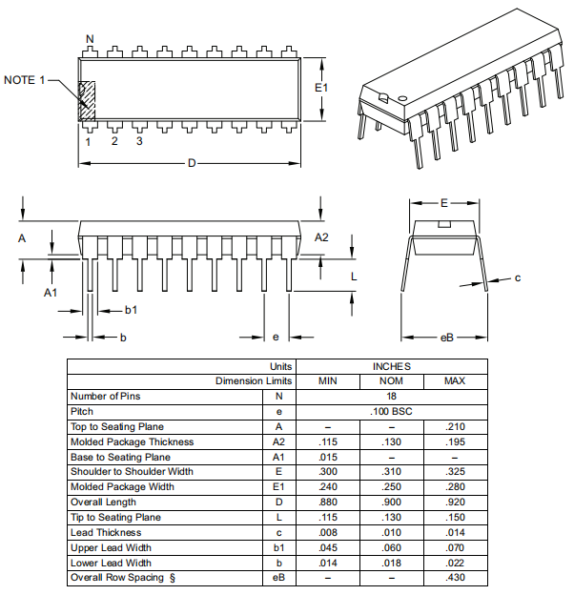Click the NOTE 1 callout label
[x=25, y=80]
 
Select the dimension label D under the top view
[x=191, y=164]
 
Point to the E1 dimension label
[x=322, y=88]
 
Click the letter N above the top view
[x=90, y=40]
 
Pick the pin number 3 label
[x=139, y=142]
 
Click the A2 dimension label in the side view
[x=321, y=236]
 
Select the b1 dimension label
[x=132, y=310]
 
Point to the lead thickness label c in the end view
[x=517, y=278]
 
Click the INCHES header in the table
[x=391, y=366]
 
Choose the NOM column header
[x=391, y=381]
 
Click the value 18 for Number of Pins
[x=391, y=396]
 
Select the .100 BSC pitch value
[x=391, y=411]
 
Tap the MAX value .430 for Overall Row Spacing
[x=455, y=578]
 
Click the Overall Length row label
[x=103, y=503]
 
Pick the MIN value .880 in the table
[x=327, y=503]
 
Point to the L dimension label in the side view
[x=353, y=277]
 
